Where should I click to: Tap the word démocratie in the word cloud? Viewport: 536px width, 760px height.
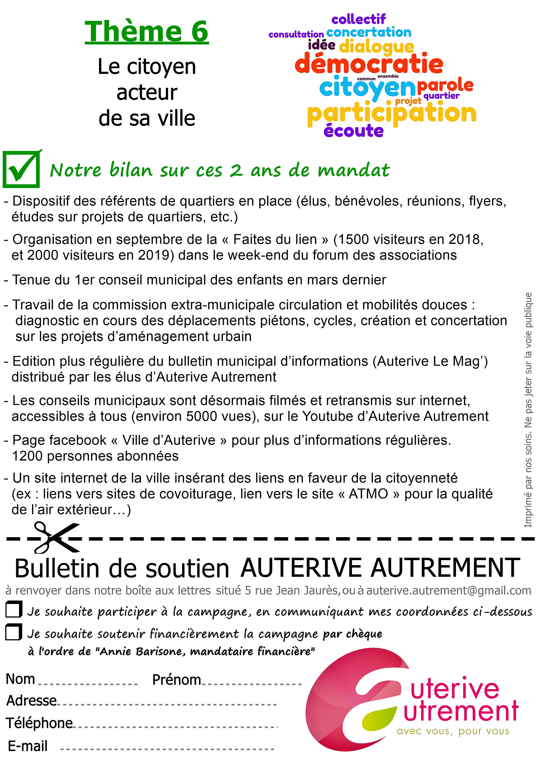[x=369, y=64]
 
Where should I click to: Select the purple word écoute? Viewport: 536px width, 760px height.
[x=354, y=131]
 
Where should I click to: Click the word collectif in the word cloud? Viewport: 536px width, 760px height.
[x=358, y=19]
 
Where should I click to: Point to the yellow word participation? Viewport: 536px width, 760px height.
[x=392, y=114]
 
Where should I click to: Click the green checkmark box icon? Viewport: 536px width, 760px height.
[x=22, y=169]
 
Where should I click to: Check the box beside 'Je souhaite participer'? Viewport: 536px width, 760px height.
[x=14, y=610]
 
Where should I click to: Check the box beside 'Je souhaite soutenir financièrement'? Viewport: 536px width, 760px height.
[x=14, y=632]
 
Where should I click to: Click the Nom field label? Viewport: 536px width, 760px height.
[x=21, y=679]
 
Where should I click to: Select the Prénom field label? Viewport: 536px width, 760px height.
[x=177, y=680]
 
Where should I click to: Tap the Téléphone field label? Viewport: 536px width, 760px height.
[x=39, y=723]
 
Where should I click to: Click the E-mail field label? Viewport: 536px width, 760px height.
[x=28, y=746]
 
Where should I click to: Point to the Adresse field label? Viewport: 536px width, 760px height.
[x=32, y=701]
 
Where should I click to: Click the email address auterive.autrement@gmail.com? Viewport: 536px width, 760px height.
[x=449, y=591]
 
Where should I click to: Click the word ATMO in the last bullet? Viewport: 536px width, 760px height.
[x=368, y=494]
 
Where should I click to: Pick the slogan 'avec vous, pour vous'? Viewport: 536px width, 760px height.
[x=453, y=731]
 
